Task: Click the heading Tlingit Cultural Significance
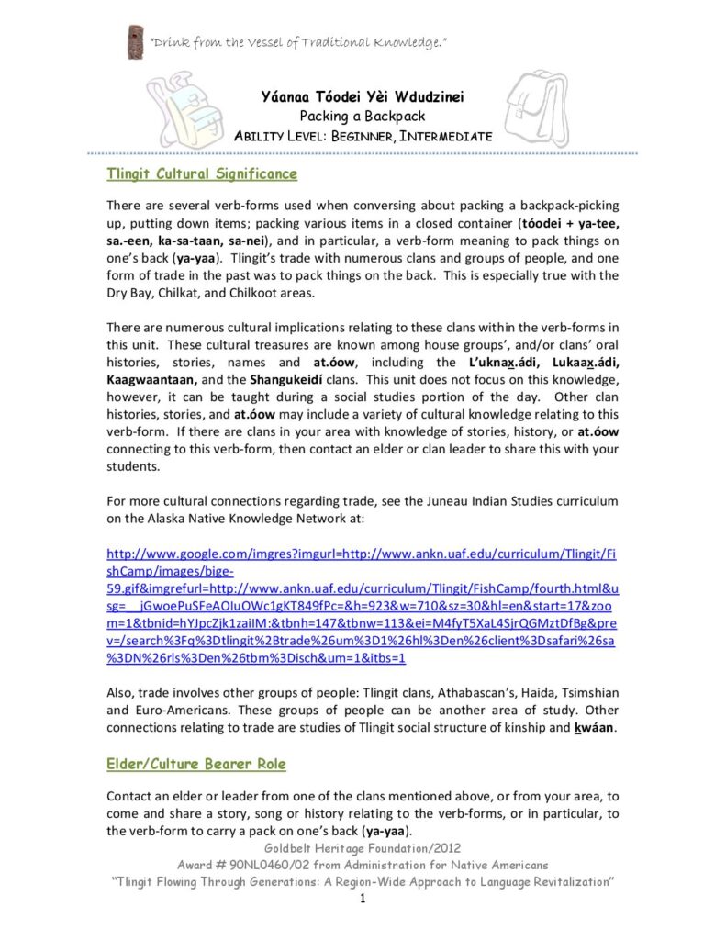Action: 201,173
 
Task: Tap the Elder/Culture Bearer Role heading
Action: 195,764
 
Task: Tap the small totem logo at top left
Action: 135,42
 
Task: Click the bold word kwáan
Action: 598,728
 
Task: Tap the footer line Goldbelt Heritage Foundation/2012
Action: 363,847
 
